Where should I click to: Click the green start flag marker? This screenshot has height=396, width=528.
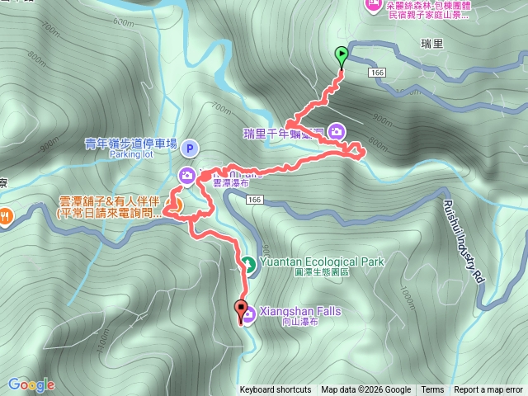342,56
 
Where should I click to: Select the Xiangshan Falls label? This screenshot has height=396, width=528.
300,311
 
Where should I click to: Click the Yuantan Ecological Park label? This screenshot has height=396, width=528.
322,262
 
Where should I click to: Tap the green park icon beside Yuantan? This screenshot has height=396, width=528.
247,264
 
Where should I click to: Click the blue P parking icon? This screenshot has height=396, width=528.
190,148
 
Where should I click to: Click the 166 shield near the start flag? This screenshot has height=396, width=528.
378,73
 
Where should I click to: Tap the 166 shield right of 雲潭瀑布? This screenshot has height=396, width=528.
253,200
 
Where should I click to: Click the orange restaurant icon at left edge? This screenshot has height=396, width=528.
5,216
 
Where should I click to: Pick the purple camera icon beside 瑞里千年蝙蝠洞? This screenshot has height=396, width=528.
337,130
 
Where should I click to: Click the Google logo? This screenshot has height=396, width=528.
31,384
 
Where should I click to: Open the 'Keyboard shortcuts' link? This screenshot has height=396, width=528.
276,390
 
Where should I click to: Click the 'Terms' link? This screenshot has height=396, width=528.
432,390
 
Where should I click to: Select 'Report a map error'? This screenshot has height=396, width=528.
489,390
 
